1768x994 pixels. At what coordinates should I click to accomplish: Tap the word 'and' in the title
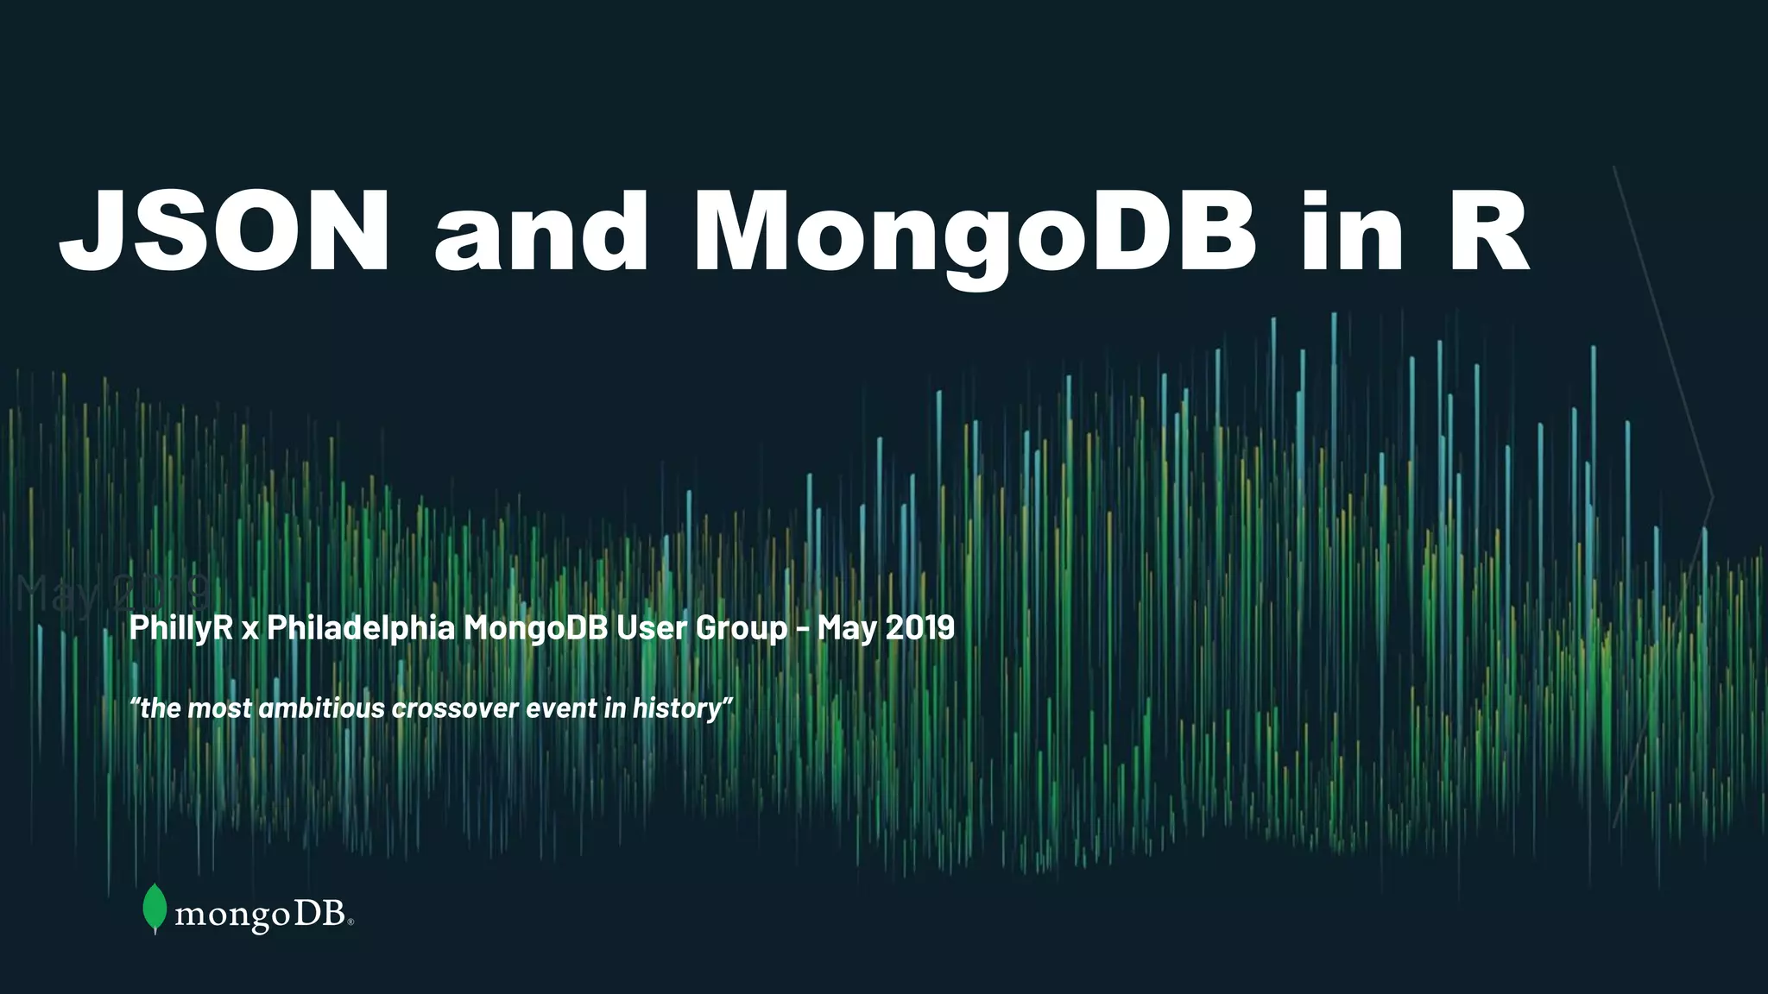tap(541, 231)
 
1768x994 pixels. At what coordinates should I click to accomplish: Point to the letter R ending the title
tap(1487, 231)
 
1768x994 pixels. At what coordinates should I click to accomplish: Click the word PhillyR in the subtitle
tap(181, 628)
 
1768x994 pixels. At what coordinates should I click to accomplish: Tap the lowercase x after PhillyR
tap(250, 630)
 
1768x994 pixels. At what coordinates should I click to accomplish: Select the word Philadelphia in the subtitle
tap(361, 627)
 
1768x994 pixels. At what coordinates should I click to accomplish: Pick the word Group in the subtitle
tap(742, 628)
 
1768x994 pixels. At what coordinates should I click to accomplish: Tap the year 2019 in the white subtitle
tap(920, 627)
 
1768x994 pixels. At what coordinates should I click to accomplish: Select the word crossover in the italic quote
tap(454, 708)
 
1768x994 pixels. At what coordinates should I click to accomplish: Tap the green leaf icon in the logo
tap(155, 908)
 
